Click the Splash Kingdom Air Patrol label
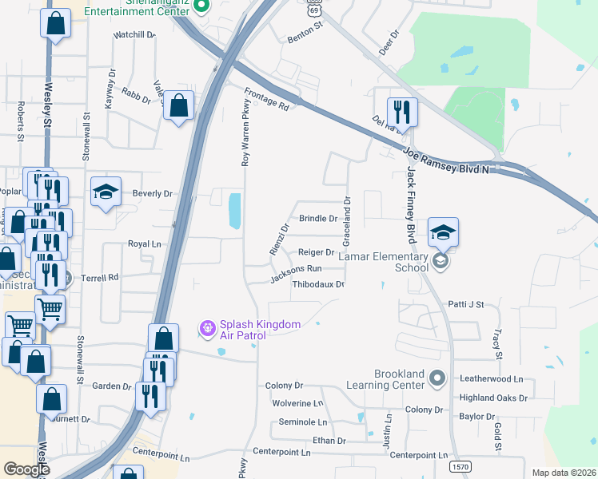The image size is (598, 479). [249, 330]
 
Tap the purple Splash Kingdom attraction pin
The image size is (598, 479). [207, 327]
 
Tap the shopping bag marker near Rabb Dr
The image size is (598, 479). [178, 104]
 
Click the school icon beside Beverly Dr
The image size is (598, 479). [106, 192]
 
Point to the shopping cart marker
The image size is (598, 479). [50, 308]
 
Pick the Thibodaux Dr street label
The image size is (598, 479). [318, 284]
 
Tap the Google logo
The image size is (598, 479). [26, 469]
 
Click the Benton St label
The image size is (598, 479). [304, 37]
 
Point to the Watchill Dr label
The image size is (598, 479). [134, 36]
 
